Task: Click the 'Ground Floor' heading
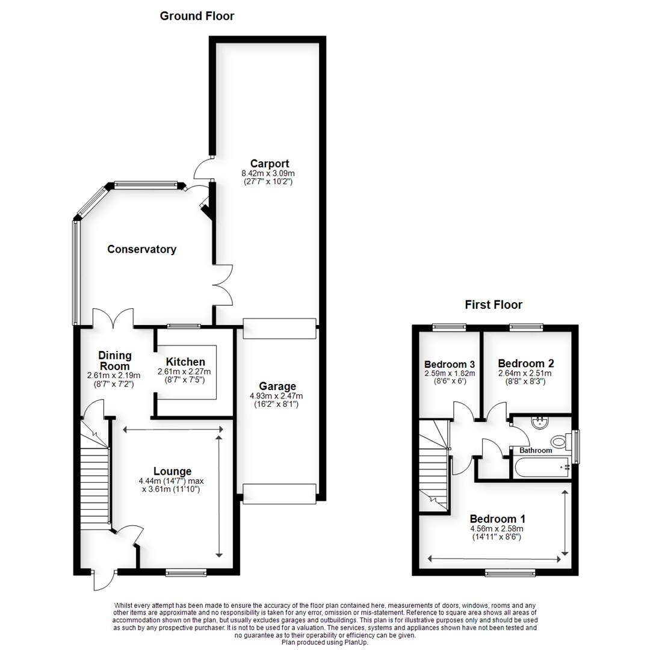197,16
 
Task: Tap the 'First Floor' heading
494,305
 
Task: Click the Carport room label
270,163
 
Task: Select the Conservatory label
141,249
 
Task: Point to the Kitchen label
185,362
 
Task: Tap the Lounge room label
172,471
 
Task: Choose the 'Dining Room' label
114,361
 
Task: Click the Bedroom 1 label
498,519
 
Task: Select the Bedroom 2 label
526,364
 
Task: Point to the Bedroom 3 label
450,364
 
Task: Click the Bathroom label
536,450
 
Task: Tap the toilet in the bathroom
560,442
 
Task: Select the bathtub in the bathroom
542,467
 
